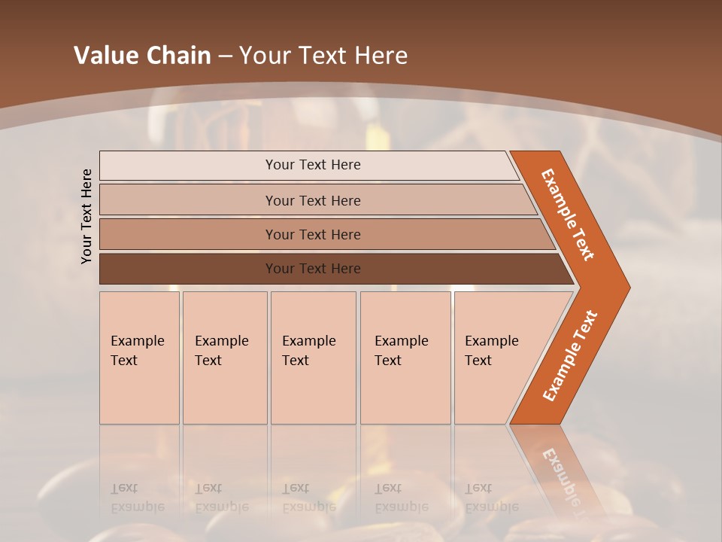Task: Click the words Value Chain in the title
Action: [x=142, y=56]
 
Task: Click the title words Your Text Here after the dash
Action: [x=323, y=56]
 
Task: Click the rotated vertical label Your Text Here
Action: [x=86, y=217]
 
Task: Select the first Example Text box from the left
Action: [x=139, y=358]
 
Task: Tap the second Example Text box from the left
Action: [x=225, y=358]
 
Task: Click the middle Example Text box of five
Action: [x=313, y=358]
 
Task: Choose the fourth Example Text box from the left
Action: [x=405, y=358]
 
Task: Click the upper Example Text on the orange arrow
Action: [x=568, y=215]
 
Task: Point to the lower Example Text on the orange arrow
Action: [x=570, y=356]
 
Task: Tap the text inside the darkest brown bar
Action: [x=313, y=269]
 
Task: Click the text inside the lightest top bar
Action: [x=313, y=165]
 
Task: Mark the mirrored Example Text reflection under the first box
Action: [x=138, y=498]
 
